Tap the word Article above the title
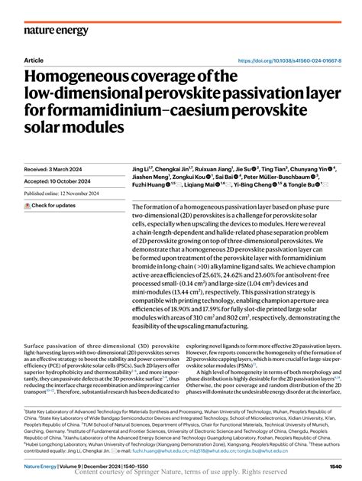coord(34,60)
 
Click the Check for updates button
coord(51,206)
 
